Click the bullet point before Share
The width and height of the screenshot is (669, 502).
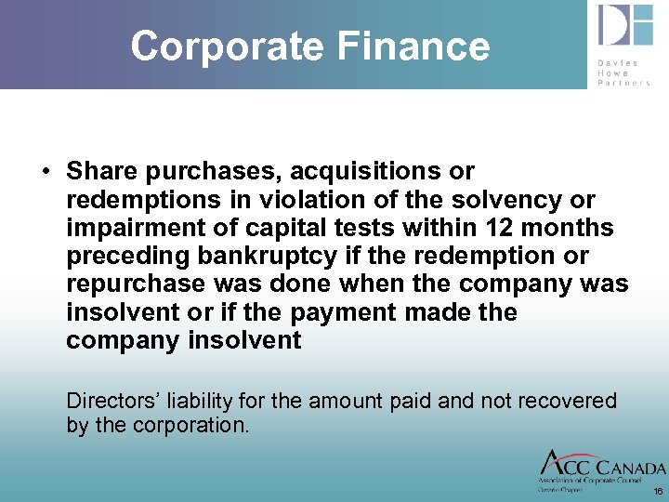[x=45, y=172]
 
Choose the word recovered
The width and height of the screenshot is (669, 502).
[x=566, y=401]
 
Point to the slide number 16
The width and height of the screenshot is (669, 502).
[x=658, y=491]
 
